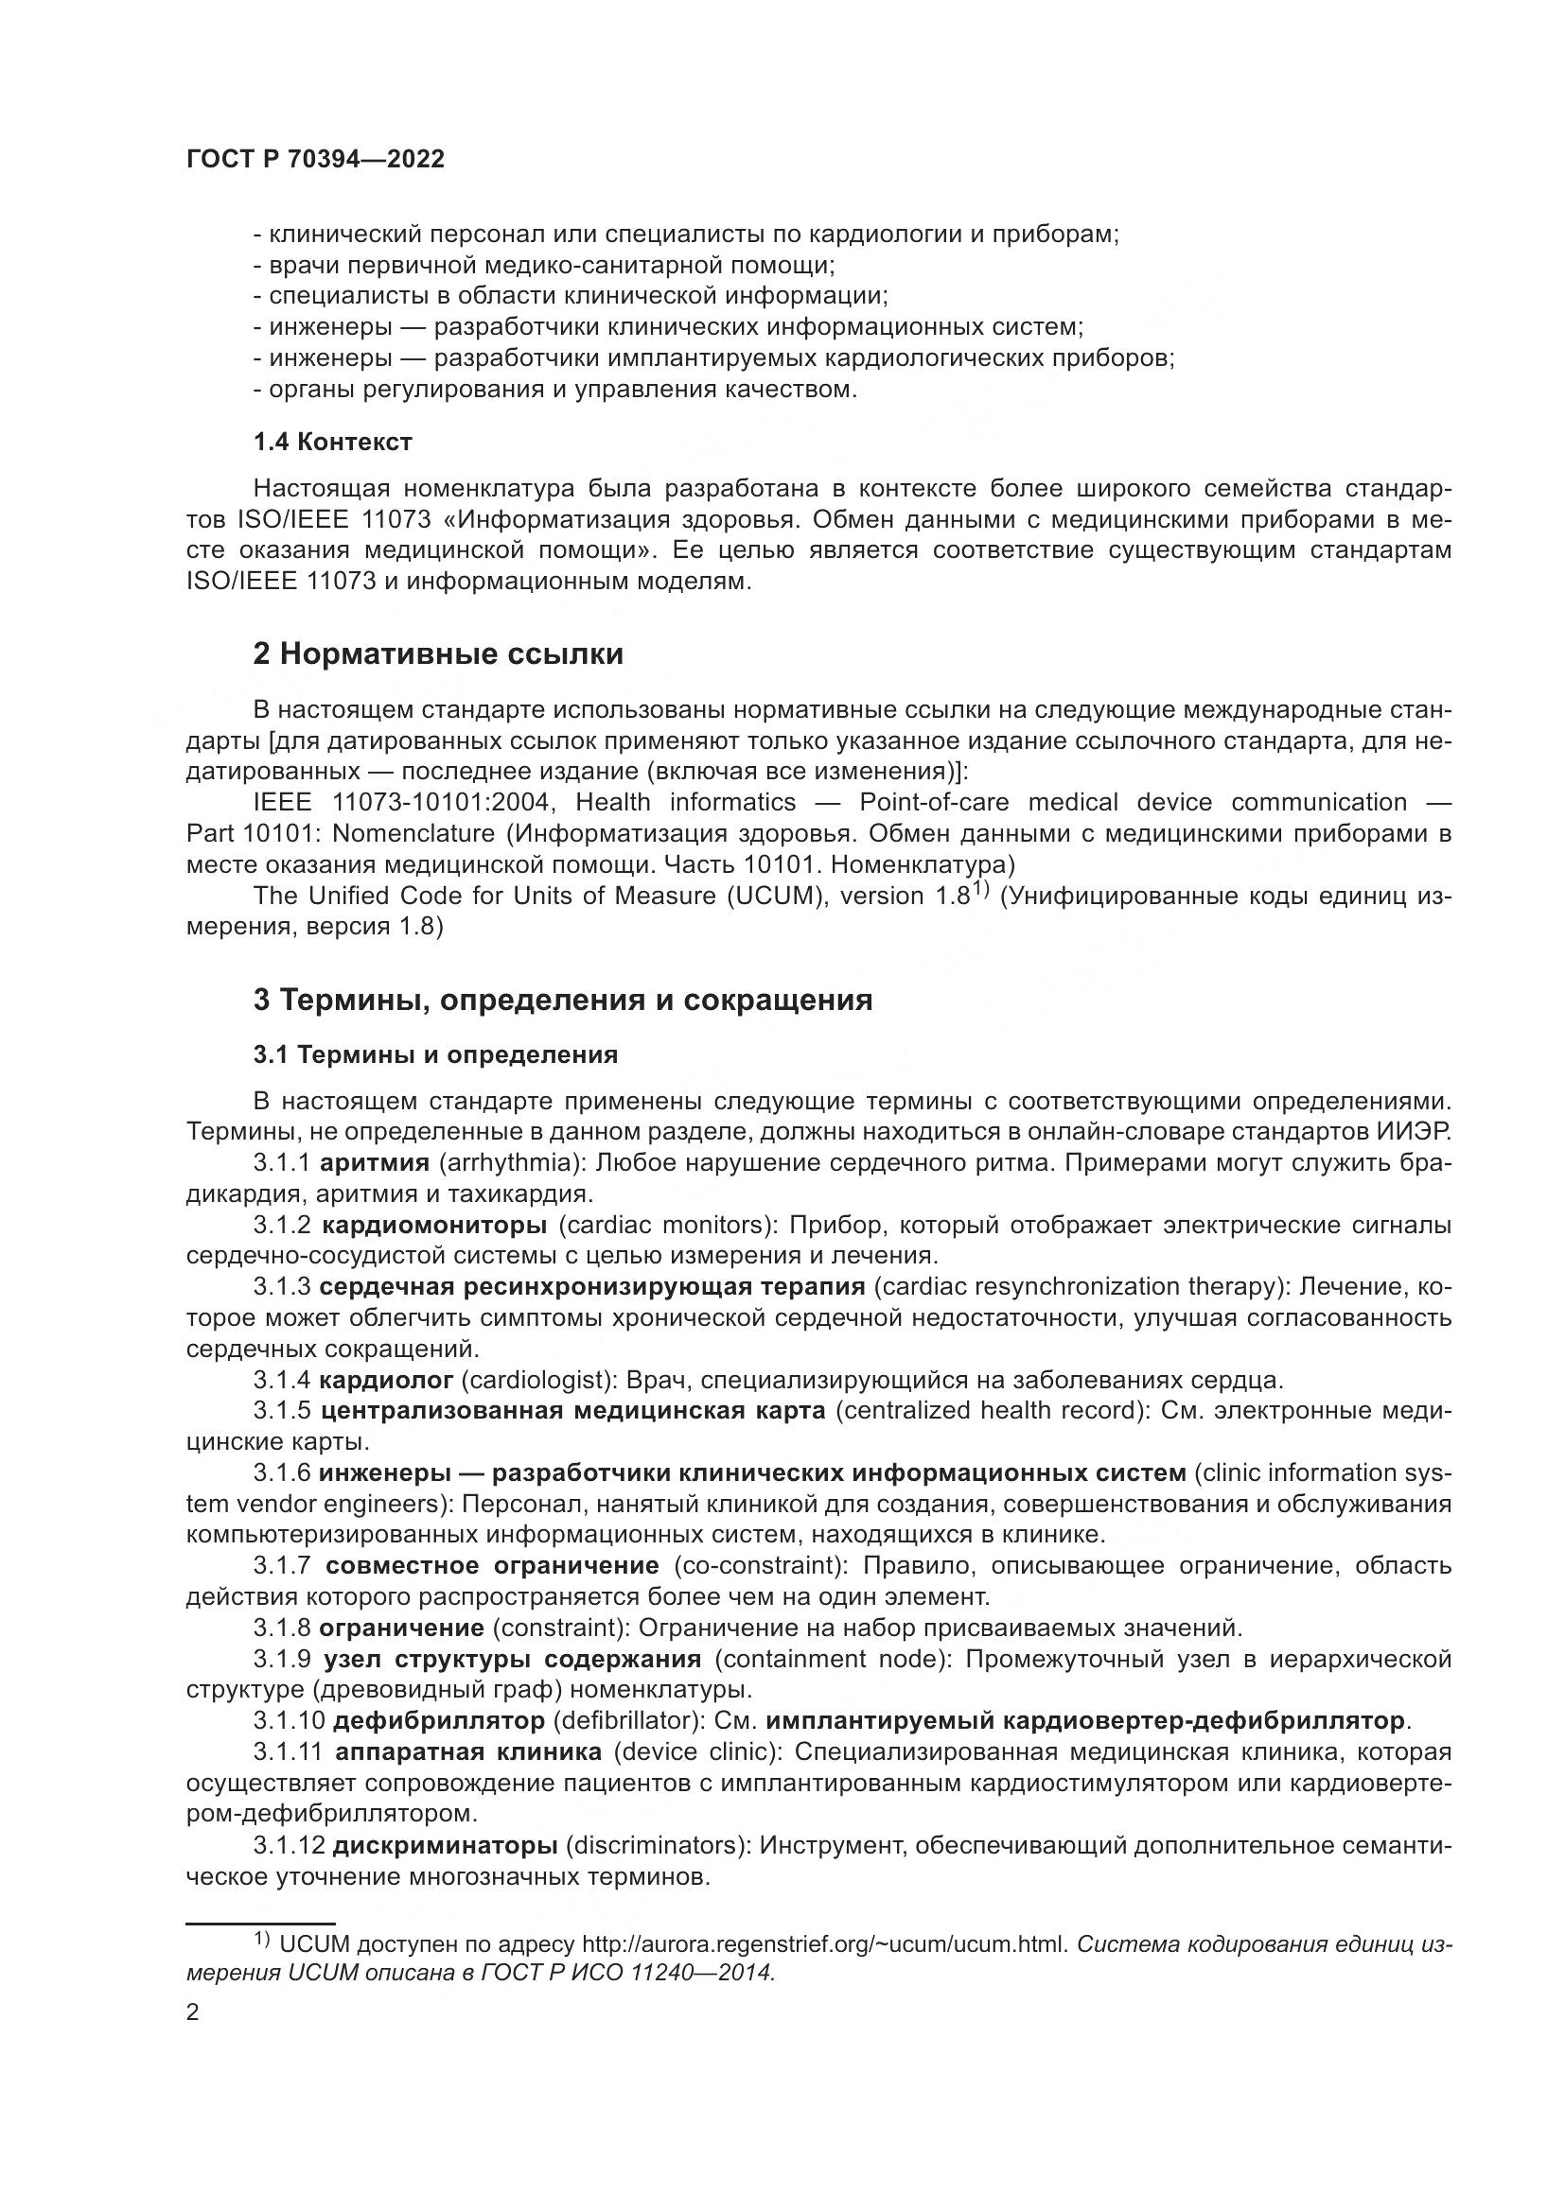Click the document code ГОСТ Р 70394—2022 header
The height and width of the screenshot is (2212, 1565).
tap(315, 160)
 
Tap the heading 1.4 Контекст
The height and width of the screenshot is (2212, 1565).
tap(332, 443)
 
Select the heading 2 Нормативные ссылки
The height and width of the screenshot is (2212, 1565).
tap(437, 654)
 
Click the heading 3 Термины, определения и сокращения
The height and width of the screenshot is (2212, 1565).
tap(563, 1000)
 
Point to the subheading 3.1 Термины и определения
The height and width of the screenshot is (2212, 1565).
tap(434, 1055)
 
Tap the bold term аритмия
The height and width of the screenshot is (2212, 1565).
tap(374, 1163)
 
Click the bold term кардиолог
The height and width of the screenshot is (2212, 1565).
tap(385, 1381)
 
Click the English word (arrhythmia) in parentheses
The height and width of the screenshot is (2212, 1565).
tap(512, 1163)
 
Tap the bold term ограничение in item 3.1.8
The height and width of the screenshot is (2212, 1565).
tap(401, 1629)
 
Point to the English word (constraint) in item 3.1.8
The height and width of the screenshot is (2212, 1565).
tap(558, 1629)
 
